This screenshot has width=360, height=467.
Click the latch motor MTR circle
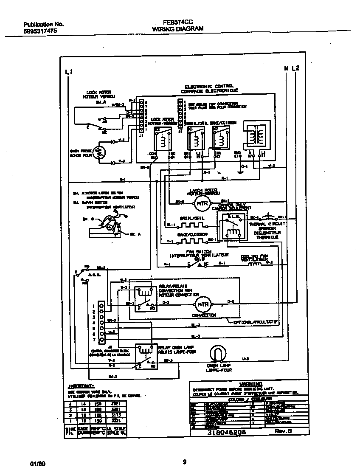(200, 204)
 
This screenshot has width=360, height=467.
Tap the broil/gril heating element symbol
(192, 225)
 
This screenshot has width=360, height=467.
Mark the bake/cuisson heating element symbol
(192, 241)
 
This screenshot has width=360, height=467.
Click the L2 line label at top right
(295, 68)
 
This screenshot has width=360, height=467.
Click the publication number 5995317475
(39, 31)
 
